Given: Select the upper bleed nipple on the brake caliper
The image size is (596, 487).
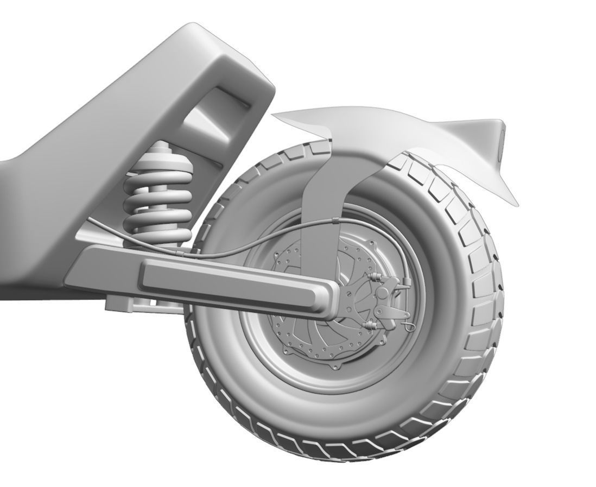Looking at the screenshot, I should click(x=374, y=277).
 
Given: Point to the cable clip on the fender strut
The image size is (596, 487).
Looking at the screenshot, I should click(x=335, y=220).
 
